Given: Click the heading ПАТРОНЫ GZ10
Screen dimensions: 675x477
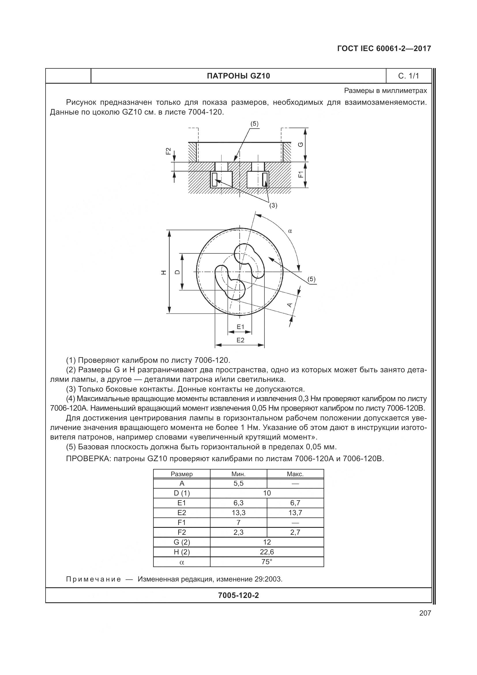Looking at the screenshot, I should (238, 76).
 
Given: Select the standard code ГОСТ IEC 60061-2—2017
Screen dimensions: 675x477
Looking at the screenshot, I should (384, 48).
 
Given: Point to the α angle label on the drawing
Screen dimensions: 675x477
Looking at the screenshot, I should (290, 231).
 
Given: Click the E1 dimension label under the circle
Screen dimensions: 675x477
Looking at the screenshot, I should (240, 327).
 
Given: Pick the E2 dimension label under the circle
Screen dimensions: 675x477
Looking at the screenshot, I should (240, 340).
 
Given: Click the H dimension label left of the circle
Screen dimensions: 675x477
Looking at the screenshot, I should (164, 272).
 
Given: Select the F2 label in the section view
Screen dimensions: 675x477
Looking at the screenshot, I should (168, 151).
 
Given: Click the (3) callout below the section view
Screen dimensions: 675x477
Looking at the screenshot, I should (273, 205).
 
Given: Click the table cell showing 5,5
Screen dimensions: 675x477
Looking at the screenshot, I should (238, 483).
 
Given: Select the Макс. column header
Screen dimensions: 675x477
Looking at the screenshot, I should (295, 474).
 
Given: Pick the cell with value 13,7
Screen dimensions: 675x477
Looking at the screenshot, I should (295, 513).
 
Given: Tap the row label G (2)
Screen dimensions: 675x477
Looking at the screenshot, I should (181, 542).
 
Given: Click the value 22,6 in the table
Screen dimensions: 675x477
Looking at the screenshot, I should (267, 552).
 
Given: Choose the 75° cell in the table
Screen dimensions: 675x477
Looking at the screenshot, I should (267, 562).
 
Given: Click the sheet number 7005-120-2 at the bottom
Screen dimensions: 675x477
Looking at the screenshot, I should (238, 595).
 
